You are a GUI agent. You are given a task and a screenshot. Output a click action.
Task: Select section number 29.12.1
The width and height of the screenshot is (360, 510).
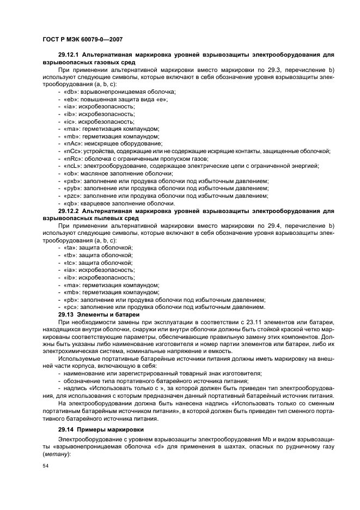69,55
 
